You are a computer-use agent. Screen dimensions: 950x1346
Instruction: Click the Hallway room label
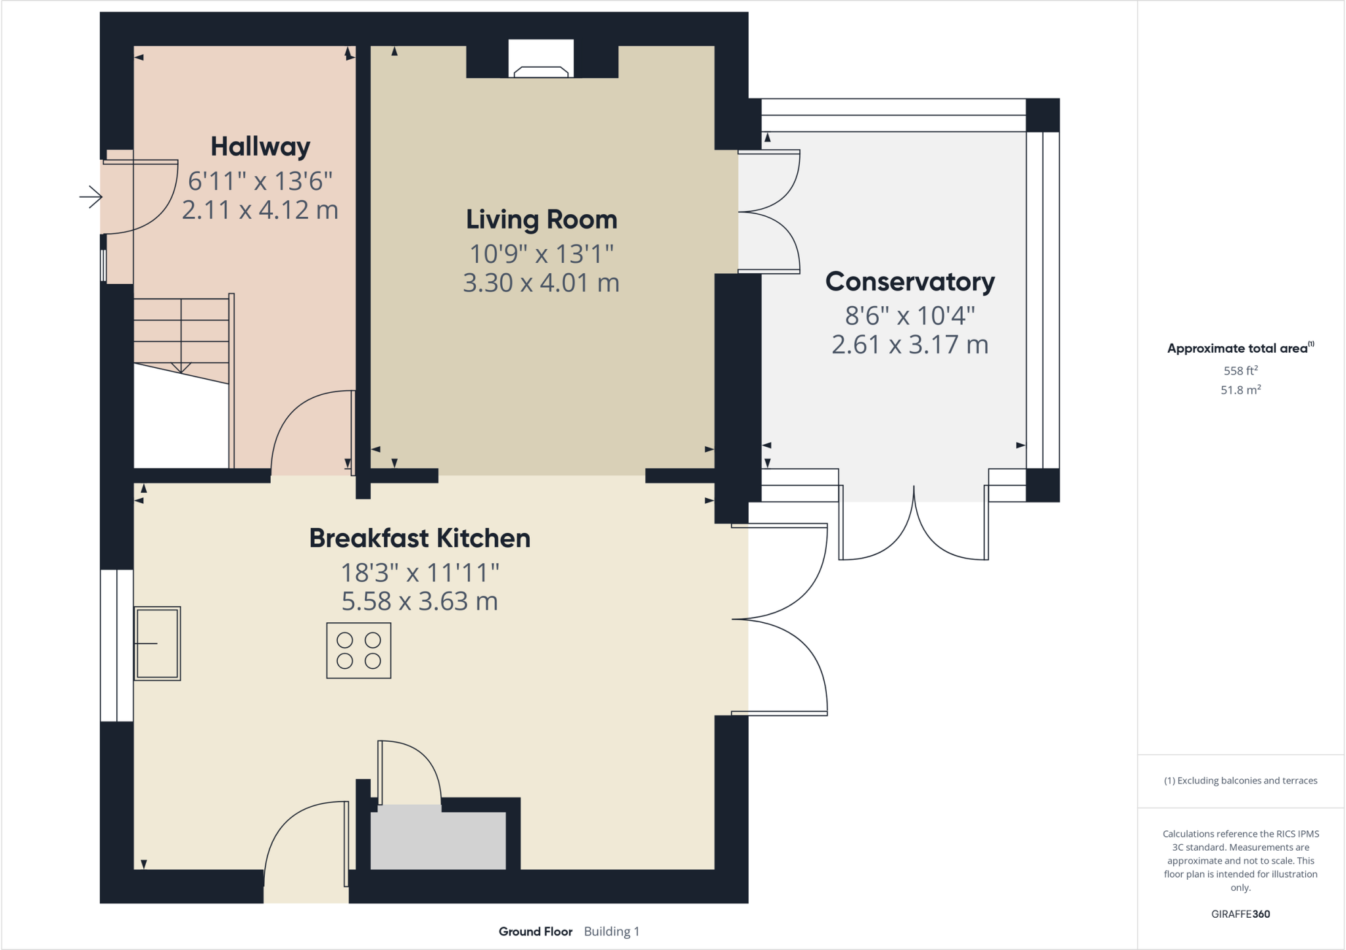[x=260, y=147]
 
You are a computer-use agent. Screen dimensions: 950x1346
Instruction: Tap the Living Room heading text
[x=542, y=219]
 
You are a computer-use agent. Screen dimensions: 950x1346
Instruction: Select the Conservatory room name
[x=910, y=281]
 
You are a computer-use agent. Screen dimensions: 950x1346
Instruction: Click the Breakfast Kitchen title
[x=420, y=538]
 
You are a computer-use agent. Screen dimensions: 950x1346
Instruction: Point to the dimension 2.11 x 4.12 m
[x=260, y=210]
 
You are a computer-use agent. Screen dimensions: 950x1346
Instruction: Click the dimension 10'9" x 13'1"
[x=542, y=254]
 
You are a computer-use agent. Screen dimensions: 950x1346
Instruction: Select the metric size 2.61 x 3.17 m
[x=910, y=344]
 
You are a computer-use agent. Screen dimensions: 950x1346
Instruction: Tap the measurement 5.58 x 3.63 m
[x=420, y=601]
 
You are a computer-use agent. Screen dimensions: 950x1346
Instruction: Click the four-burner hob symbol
[x=359, y=650]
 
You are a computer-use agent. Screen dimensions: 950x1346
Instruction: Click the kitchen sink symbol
[x=158, y=643]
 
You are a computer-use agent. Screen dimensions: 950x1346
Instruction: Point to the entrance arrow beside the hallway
[x=91, y=196]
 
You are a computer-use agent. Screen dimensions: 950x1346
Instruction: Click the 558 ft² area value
[x=1240, y=371]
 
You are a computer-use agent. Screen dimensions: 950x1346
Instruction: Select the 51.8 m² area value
[x=1240, y=390]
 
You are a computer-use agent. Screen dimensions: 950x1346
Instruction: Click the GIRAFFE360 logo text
[x=1240, y=914]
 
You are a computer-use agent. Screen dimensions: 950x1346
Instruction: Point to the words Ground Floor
[x=535, y=931]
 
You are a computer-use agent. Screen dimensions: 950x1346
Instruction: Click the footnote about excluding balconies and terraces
[x=1240, y=780]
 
